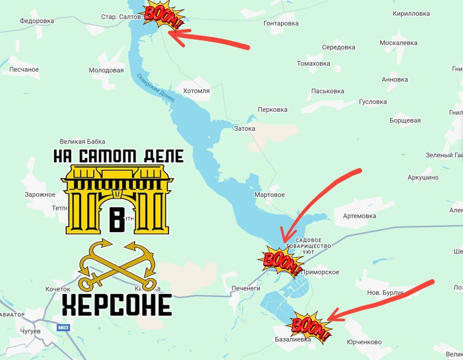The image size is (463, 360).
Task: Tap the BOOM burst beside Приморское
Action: point(281,261)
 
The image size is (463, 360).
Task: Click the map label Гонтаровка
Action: point(281,23)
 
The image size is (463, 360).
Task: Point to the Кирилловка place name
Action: point(411,14)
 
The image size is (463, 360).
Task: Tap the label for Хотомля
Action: point(197,91)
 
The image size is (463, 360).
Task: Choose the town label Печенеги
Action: point(246,288)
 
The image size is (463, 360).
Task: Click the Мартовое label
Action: point(269,195)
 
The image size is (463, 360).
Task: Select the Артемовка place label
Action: point(359,216)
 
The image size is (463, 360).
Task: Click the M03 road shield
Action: point(63,328)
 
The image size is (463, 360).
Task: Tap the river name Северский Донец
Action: point(156,87)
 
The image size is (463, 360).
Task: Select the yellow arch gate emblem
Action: point(117,199)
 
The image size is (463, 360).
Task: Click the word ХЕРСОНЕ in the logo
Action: point(117,304)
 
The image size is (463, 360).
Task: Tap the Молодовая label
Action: point(106,70)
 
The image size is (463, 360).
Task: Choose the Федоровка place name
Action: point(37,21)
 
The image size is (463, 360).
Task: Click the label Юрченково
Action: point(364,342)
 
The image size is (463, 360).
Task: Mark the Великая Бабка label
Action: point(82,142)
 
